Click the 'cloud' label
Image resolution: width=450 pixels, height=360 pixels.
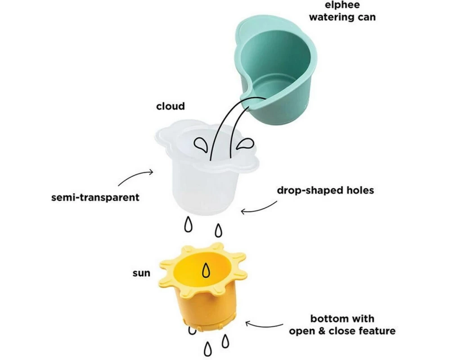click(x=171, y=106)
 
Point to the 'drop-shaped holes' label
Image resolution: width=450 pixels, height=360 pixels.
click(x=325, y=190)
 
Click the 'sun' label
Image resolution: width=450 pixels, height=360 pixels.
click(x=141, y=273)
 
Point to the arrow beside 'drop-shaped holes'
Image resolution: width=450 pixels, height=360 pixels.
click(x=259, y=207)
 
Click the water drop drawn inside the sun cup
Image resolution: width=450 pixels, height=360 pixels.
click(x=206, y=270)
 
